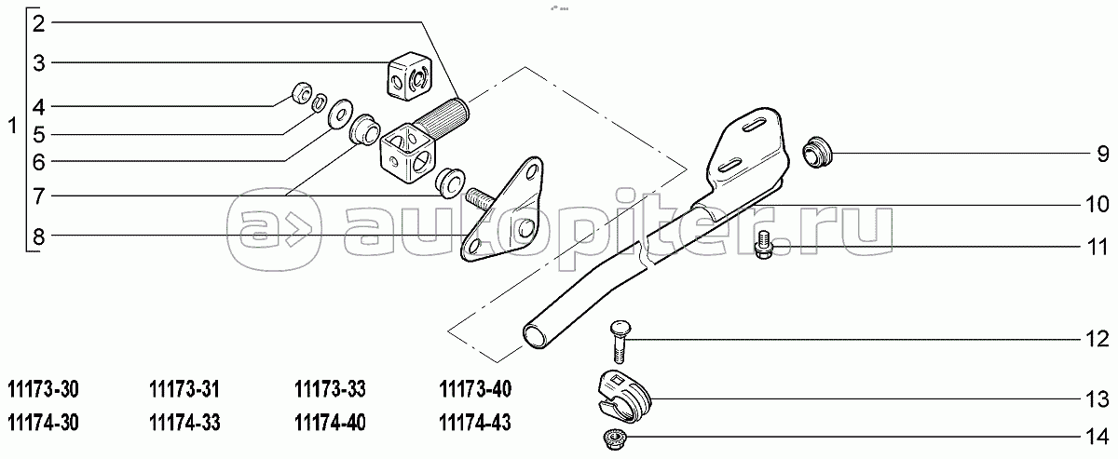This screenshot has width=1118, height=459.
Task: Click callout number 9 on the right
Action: [1103, 154]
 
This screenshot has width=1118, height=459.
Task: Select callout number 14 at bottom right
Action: [1098, 437]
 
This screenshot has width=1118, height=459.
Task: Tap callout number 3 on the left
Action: [39, 63]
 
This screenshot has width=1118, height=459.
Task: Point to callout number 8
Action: [39, 236]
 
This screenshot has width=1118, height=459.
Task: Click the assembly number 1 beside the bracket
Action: [13, 126]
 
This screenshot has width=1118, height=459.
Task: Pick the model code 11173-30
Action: [44, 390]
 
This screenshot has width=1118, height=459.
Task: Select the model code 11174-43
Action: [475, 423]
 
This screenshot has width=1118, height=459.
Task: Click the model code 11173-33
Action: [330, 390]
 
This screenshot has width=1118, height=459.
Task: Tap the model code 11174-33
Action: [184, 423]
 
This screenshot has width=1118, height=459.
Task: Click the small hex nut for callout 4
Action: [302, 93]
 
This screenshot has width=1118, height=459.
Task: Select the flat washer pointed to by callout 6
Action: [340, 115]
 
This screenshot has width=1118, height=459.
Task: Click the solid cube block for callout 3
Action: [410, 74]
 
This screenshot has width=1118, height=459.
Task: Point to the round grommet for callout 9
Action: [817, 152]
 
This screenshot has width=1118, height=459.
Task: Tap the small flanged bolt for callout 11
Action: [764, 245]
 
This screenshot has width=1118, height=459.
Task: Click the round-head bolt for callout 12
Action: [617, 343]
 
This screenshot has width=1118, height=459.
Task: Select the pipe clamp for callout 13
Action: [624, 397]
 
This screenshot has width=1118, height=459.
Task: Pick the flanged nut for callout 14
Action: [612, 438]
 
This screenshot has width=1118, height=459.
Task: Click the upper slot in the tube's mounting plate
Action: [757, 126]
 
